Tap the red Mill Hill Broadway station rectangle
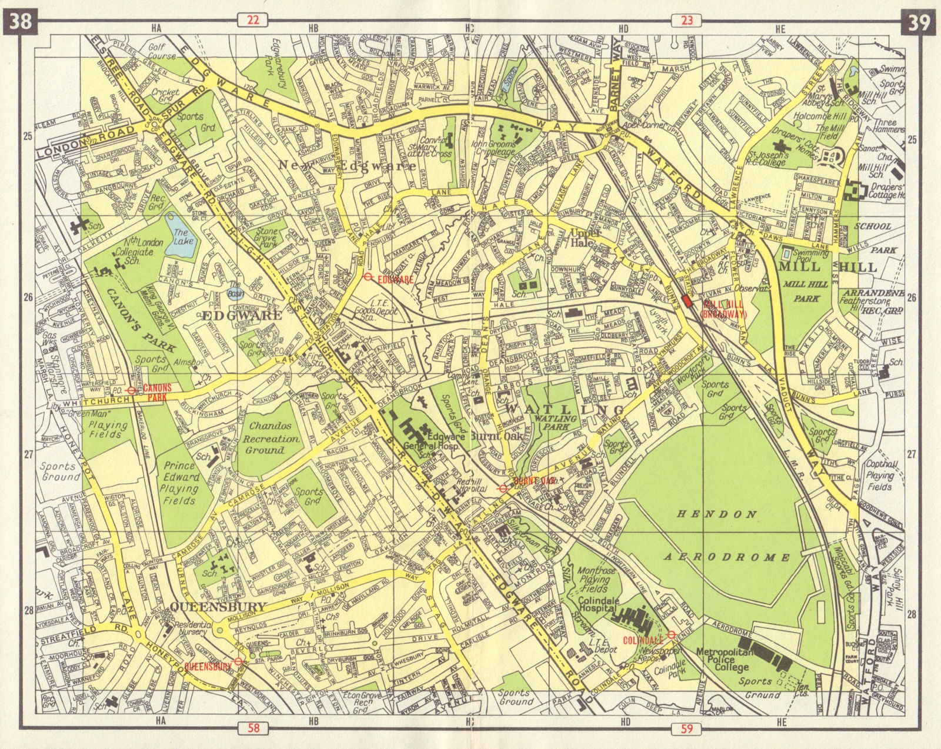point(686,301)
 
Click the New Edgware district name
point(347,166)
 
